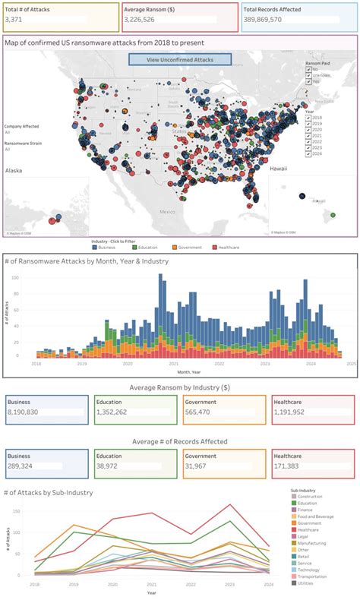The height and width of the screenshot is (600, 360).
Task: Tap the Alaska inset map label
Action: pyautogui.click(x=14, y=171)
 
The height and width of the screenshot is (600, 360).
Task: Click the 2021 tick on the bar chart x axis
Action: pyautogui.click(x=174, y=364)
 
